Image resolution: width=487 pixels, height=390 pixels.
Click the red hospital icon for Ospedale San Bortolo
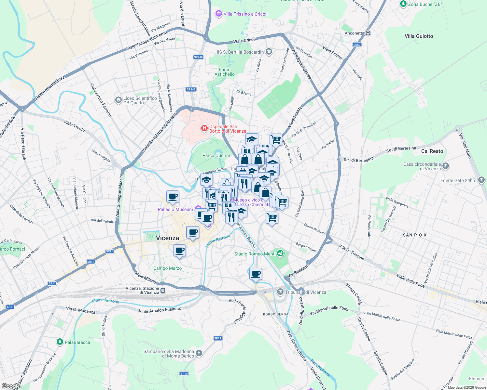[x=204, y=128]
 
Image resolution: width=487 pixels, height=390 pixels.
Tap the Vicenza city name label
[x=167, y=238]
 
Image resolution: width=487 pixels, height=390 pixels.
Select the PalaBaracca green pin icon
[x=60, y=342]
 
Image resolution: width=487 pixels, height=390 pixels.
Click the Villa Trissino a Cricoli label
[x=245, y=14]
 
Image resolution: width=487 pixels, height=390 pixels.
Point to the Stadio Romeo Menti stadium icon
[x=280, y=253]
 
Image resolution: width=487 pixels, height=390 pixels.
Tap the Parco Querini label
[x=216, y=155]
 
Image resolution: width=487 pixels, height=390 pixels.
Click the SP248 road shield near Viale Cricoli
[x=198, y=57]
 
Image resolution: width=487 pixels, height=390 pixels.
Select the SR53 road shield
[x=357, y=45]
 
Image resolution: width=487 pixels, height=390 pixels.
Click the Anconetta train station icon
[x=368, y=33]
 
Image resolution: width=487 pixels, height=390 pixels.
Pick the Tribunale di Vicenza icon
[x=280, y=292]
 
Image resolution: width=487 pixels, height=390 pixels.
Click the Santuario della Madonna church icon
[x=199, y=353]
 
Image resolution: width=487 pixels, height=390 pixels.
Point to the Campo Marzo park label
[x=167, y=268]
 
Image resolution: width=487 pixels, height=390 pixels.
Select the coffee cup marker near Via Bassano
[x=256, y=274]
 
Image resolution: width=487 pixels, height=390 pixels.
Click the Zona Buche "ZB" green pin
[x=403, y=4]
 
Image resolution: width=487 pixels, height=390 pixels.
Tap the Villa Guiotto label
[x=419, y=36]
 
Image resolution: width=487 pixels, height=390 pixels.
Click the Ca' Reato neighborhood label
[x=432, y=151]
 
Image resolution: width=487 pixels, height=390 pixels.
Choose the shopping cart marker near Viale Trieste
[x=276, y=139]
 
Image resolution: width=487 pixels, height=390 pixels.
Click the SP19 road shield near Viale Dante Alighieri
[x=217, y=338]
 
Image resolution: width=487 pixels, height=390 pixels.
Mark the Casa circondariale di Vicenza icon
[x=446, y=166]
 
